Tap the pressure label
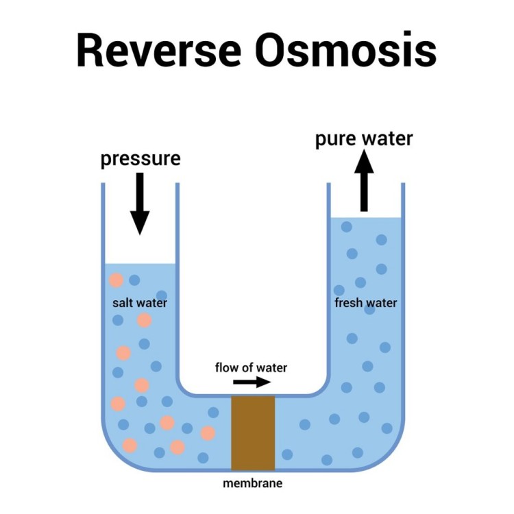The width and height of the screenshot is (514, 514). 140,159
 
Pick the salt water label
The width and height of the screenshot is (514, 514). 140,302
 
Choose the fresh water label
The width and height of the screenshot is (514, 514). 365,302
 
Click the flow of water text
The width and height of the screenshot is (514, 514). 251,368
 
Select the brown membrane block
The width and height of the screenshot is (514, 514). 253,432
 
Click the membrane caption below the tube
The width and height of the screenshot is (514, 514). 253,483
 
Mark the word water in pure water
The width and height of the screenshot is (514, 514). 388,139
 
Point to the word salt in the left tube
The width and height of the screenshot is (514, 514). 123,302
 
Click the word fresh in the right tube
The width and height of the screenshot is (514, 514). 349,302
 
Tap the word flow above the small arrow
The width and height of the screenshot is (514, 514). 227,368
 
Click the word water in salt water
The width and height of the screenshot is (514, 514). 153,302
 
